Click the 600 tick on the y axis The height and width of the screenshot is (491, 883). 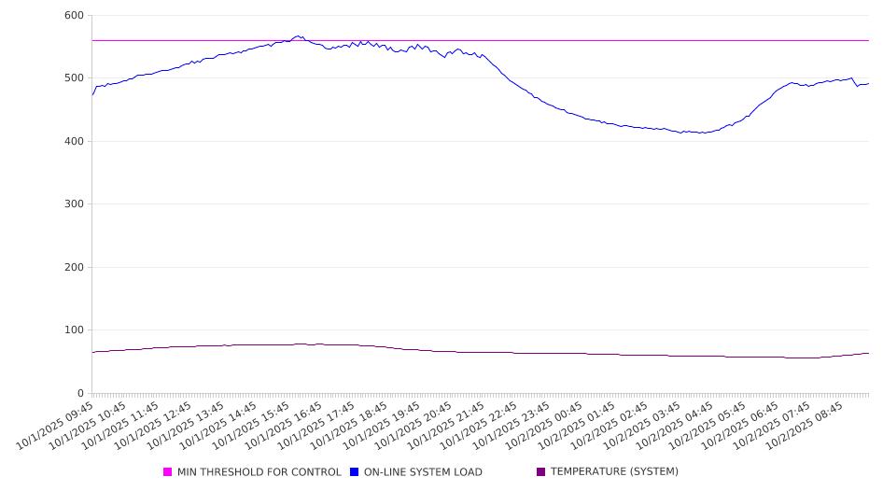(74, 16)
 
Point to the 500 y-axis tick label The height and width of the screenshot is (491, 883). (74, 78)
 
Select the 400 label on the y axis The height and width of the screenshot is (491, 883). (74, 141)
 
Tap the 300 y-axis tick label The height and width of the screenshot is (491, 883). (74, 204)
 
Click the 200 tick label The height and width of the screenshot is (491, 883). (74, 267)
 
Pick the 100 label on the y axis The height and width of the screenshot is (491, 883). (74, 330)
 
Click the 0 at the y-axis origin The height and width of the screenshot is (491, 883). (80, 393)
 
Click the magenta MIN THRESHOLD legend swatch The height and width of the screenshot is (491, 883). (168, 472)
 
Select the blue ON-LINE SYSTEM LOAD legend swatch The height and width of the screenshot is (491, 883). (355, 472)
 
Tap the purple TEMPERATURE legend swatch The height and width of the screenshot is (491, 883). (541, 472)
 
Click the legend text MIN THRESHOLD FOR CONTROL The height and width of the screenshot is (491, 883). (259, 472)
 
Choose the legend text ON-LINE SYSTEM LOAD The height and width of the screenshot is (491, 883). (423, 472)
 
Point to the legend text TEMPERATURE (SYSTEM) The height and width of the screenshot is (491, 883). (614, 472)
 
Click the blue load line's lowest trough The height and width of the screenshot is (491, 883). (702, 133)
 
